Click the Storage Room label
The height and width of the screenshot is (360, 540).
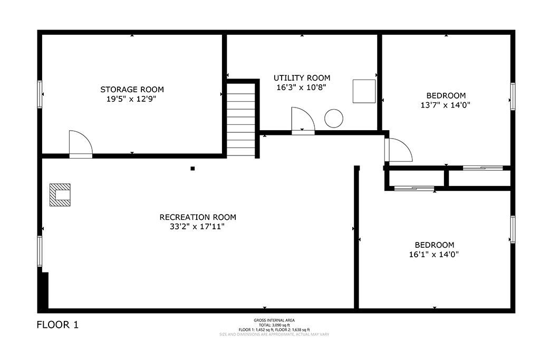coord(132,90)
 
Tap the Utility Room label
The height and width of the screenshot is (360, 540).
coord(302,78)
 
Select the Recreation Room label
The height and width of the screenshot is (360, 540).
coord(198,217)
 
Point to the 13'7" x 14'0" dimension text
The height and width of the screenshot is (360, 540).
coord(445,105)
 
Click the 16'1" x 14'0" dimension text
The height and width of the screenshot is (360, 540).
coord(434,255)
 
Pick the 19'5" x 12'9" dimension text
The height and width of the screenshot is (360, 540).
coord(131,99)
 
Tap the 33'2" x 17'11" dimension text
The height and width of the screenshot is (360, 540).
coord(197,227)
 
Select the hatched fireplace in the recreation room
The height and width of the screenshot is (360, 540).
coord(60,195)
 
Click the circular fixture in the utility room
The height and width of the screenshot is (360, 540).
coord(334,119)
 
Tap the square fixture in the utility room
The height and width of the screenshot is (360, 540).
coord(364,91)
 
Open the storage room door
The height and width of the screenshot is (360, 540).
coord(81,144)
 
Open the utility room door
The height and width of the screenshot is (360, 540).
coord(303,121)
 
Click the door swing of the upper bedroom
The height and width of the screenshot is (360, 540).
coord(399,150)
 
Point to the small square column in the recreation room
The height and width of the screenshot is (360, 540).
coord(192,169)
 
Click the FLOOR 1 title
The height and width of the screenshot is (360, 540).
coord(57,325)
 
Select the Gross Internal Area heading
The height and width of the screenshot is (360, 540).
coord(274,320)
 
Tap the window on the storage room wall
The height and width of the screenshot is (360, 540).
coord(40,94)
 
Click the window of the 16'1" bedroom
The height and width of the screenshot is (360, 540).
coord(513,230)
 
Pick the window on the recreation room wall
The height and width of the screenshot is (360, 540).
coord(40,251)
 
